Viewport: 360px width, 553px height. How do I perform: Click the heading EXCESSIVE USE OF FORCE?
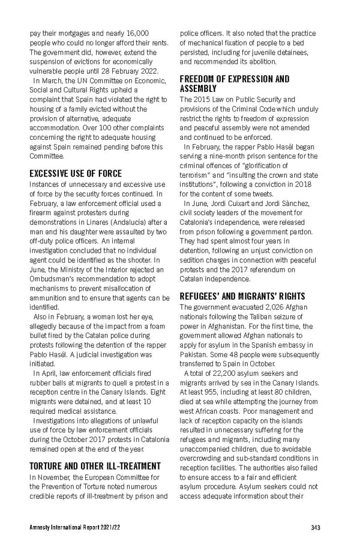pyautogui.click(x=76, y=174)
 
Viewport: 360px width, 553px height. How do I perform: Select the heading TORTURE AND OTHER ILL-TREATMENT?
pyautogui.click(x=95, y=465)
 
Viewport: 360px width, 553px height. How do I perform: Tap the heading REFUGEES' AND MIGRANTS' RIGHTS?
pyautogui.click(x=242, y=296)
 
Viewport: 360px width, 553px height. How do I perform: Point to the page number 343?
pyautogui.click(x=316, y=528)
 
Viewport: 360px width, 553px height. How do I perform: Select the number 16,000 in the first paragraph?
pyautogui.click(x=136, y=33)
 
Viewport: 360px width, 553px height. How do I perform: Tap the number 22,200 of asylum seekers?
pyautogui.click(x=221, y=374)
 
